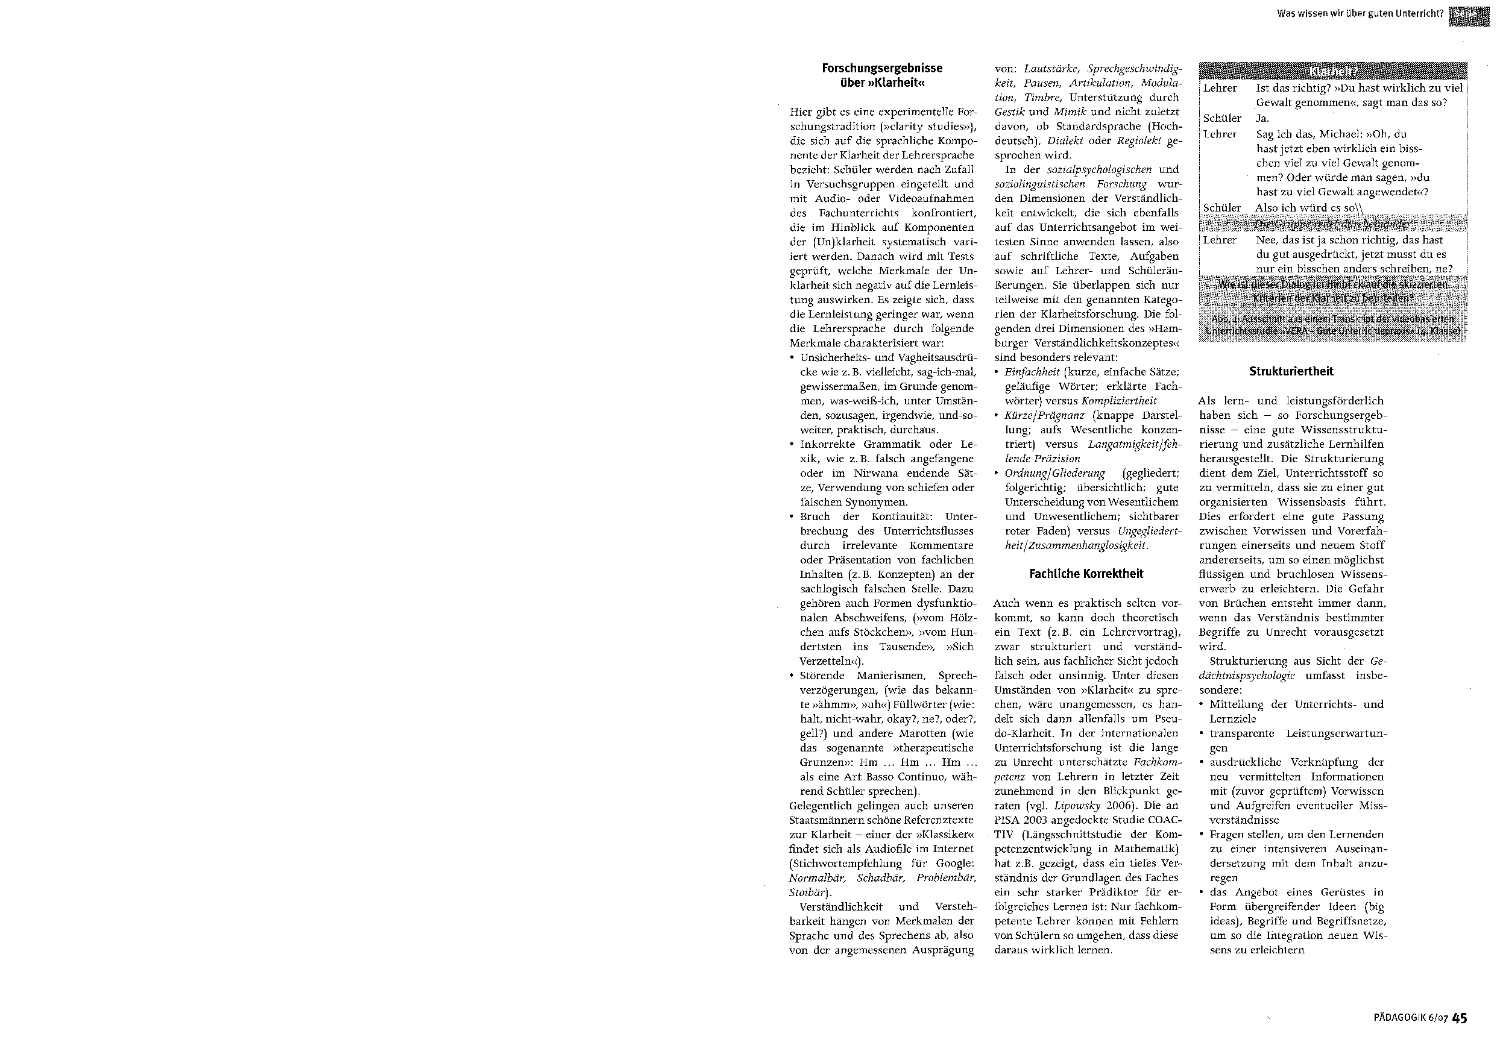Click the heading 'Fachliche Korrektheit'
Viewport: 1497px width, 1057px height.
click(x=1086, y=574)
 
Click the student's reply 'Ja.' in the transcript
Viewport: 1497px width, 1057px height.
click(x=1262, y=119)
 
